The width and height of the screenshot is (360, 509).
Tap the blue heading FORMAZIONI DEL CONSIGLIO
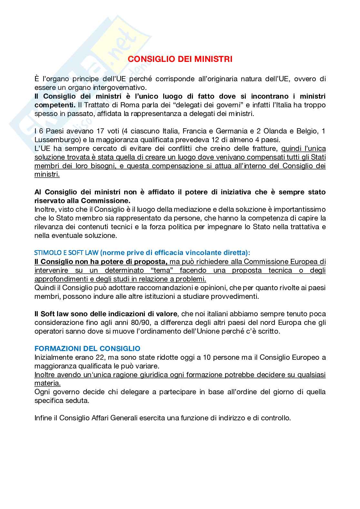point(87,348)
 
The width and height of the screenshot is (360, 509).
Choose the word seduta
point(78,401)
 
